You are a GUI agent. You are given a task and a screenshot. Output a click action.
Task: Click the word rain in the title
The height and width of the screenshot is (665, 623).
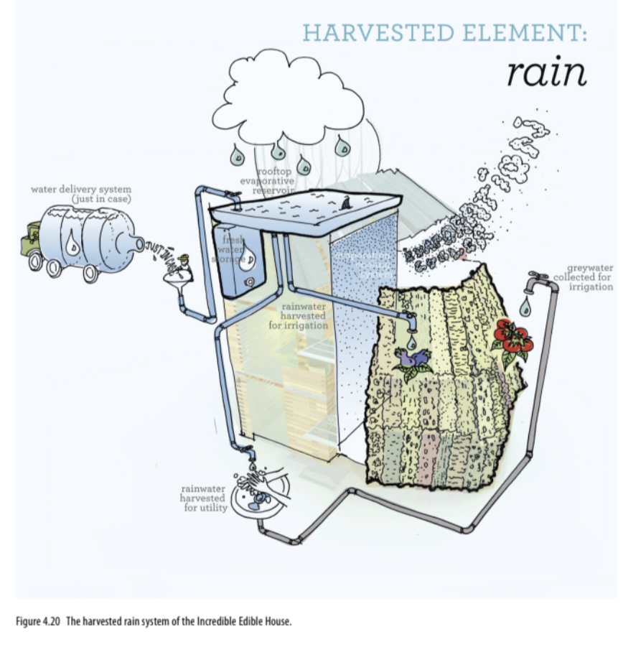coord(546,72)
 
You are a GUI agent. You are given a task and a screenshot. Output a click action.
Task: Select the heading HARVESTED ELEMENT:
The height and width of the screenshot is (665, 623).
coord(444,33)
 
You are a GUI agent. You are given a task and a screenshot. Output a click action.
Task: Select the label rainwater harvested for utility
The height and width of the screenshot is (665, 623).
coord(203,498)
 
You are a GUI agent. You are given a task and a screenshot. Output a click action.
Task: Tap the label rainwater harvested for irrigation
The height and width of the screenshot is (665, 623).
coord(298,315)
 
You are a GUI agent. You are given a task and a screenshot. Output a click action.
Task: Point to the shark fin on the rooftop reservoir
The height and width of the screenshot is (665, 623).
coord(348,205)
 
